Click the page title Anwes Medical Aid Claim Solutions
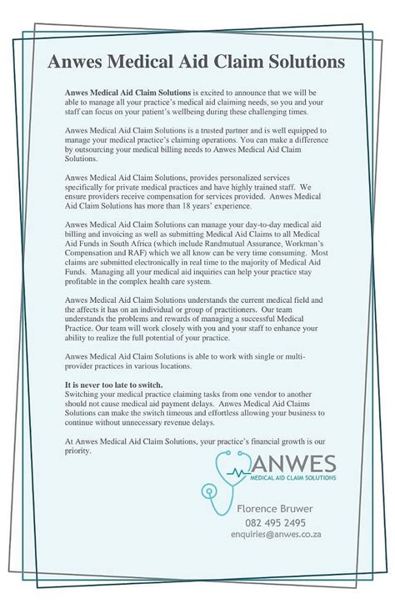point(196,63)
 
